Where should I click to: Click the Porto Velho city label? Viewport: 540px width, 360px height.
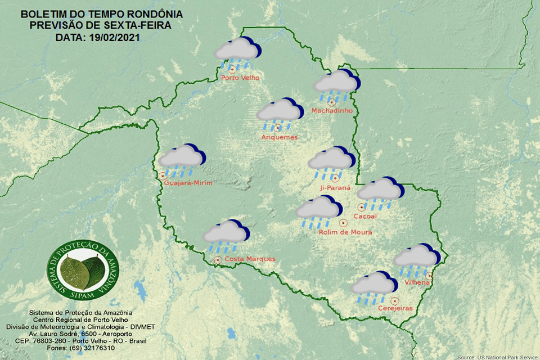(x=240, y=78)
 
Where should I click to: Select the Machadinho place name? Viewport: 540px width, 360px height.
(x=332, y=111)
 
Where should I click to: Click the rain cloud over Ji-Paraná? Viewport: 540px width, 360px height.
(x=331, y=160)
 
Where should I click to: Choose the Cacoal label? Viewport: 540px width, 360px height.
(x=364, y=216)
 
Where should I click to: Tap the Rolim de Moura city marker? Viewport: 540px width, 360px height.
(x=343, y=223)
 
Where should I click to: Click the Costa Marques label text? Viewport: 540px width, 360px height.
(x=250, y=259)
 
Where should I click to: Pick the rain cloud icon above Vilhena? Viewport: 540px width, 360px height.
(x=416, y=258)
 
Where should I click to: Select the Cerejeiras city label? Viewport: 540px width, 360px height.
(x=395, y=308)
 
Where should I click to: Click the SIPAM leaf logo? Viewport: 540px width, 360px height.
(x=83, y=271)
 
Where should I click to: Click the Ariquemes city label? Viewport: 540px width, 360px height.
(x=279, y=137)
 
